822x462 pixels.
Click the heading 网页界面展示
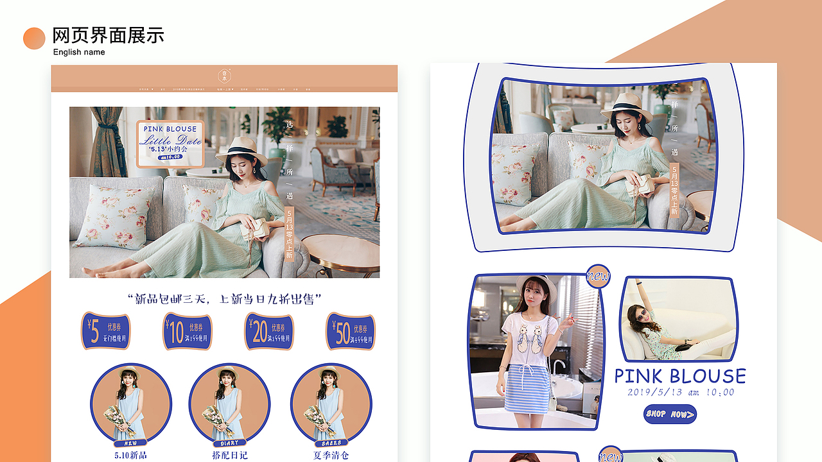(108, 35)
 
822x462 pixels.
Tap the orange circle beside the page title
(34, 38)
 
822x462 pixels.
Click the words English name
(79, 52)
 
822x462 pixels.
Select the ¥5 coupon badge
(105, 331)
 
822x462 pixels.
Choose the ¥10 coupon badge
(187, 332)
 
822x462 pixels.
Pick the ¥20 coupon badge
(269, 331)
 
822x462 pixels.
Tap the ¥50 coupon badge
(351, 332)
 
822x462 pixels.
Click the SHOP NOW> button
(670, 414)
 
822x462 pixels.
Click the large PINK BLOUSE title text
(680, 376)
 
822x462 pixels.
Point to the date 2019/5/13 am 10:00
(681, 392)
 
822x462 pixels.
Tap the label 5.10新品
(130, 455)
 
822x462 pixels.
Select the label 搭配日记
(229, 455)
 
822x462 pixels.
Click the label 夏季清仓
(331, 455)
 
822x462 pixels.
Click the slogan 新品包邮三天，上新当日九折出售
(224, 299)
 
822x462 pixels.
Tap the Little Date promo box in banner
(170, 144)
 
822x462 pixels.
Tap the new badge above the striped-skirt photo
(598, 277)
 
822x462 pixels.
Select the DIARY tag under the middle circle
(229, 443)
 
